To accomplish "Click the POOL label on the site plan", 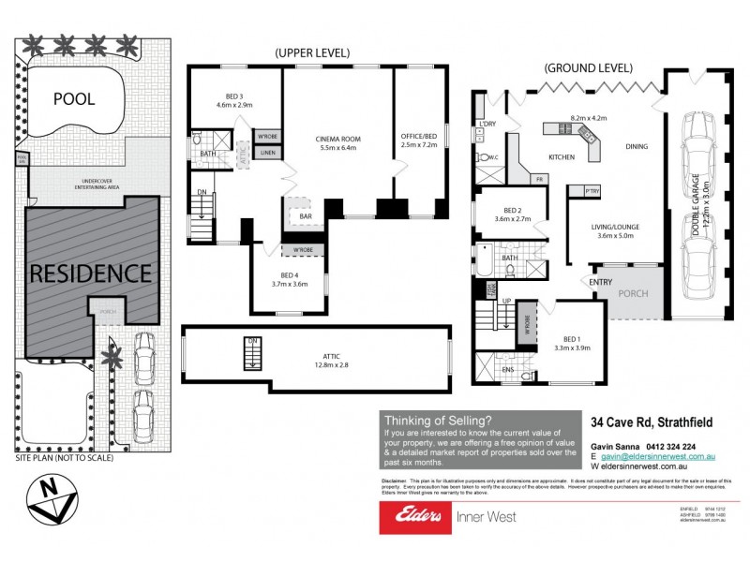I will point(74,98).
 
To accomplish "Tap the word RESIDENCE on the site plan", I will point(91,274).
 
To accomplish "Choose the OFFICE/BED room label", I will point(419,140).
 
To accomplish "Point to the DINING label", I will point(637,145).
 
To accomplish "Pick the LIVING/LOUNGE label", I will point(616,230).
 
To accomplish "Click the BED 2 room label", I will point(511,213).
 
